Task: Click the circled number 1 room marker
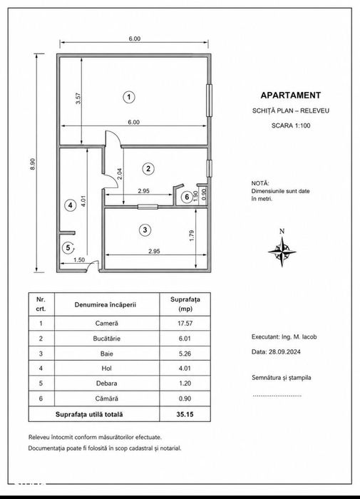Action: tap(128, 97)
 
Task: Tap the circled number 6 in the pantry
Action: tap(187, 197)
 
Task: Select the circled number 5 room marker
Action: tap(68, 247)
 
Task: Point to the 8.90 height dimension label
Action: tap(33, 164)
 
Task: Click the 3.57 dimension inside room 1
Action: tap(78, 98)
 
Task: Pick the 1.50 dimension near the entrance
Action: tap(79, 259)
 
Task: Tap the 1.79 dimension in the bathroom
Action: tap(192, 235)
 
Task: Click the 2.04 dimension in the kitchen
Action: tap(120, 174)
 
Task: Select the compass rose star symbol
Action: tap(282, 252)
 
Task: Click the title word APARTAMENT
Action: tap(291, 95)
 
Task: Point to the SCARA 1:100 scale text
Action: tap(291, 125)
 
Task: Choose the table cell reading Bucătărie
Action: tap(107, 339)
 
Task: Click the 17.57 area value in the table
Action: tap(185, 324)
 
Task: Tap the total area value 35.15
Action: tap(185, 414)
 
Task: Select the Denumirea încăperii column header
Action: tap(106, 304)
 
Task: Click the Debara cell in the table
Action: tap(107, 384)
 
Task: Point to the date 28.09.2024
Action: tap(285, 351)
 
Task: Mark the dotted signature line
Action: tap(277, 396)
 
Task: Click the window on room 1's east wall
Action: tap(209, 101)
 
